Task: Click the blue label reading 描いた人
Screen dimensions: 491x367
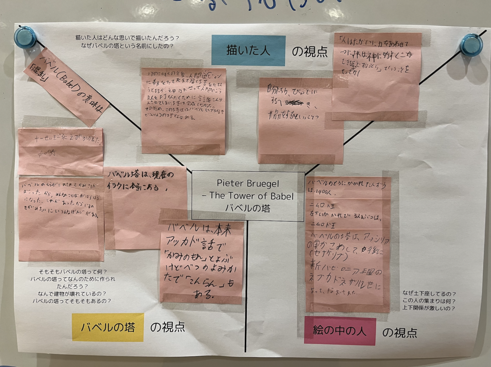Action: click(x=248, y=50)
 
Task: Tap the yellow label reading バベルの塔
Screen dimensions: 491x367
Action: click(x=108, y=327)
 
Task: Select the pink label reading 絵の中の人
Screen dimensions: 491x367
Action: click(x=340, y=331)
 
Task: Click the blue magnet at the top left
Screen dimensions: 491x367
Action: click(x=25, y=37)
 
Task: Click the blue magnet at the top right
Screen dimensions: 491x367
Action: click(x=471, y=45)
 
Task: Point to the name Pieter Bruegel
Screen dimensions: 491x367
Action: click(x=248, y=183)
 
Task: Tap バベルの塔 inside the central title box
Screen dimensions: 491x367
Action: click(x=248, y=208)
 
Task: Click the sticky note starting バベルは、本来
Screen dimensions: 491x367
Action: click(x=201, y=262)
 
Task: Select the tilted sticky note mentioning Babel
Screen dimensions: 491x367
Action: click(x=66, y=87)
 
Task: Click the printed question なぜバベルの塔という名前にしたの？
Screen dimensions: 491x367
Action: click(x=127, y=46)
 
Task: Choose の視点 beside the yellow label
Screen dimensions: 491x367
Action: click(x=167, y=327)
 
